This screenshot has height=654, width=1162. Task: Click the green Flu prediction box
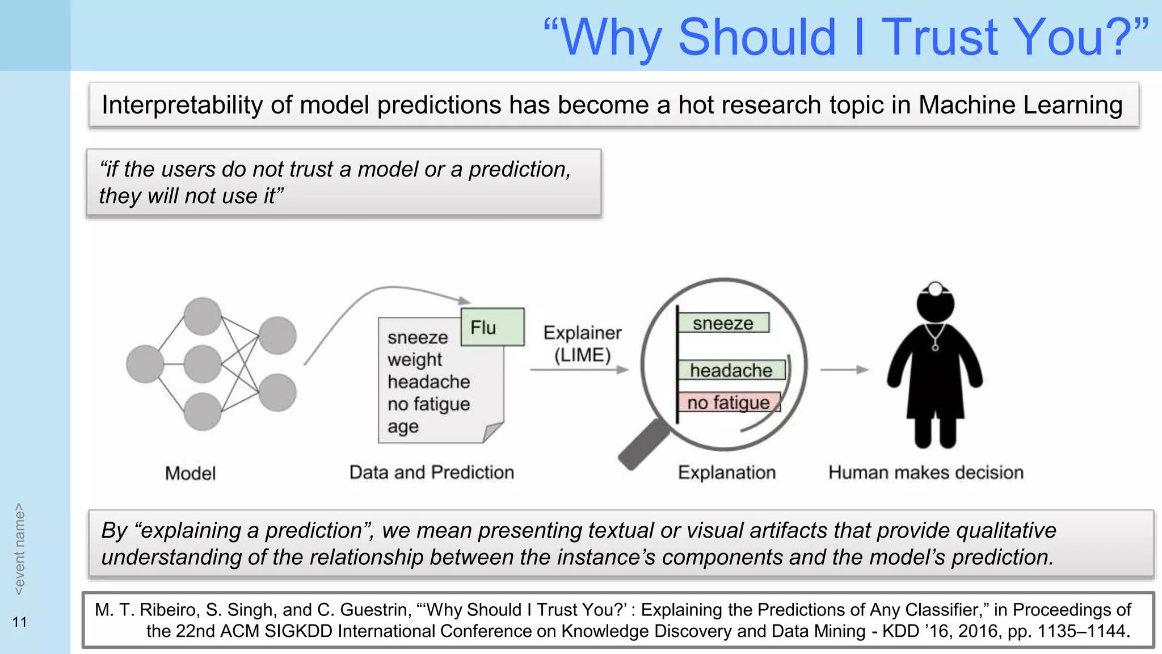click(492, 327)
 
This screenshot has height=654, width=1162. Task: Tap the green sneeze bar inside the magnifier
click(723, 323)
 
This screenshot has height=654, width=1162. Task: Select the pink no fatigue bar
click(729, 403)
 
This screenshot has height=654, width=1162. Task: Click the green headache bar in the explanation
click(731, 370)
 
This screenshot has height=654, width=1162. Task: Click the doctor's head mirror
click(936, 289)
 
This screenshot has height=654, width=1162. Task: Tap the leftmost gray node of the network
click(145, 364)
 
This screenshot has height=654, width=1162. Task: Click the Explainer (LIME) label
click(582, 343)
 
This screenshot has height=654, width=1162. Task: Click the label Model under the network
click(190, 473)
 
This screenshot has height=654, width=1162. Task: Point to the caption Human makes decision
click(925, 472)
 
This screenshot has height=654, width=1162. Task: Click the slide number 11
click(20, 622)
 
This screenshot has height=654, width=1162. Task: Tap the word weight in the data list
click(414, 359)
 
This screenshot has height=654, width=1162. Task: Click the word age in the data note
click(403, 426)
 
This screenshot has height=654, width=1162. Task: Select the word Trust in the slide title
click(939, 37)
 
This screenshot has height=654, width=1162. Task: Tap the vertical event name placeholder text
click(19, 549)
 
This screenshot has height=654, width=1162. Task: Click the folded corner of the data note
click(492, 432)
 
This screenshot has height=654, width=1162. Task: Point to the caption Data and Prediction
click(431, 472)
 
